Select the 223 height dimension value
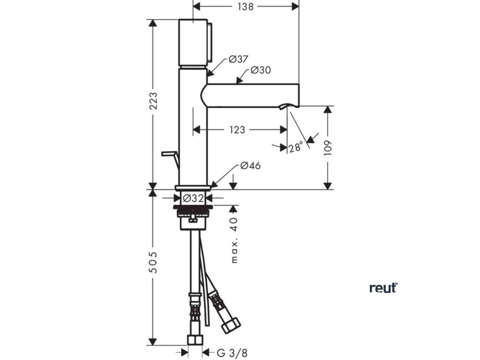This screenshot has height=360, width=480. click(x=153, y=101)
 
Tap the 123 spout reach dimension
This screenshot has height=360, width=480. click(x=238, y=130)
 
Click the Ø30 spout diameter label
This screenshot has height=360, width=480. click(x=261, y=70)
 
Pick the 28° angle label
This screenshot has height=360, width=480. click(x=296, y=148)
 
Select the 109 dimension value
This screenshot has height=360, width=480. click(x=328, y=148)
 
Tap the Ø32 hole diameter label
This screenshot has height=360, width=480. click(x=192, y=198)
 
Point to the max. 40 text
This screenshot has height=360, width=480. click(x=234, y=239)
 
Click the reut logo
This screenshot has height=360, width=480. click(x=383, y=287)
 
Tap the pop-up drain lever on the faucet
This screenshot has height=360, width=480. click(x=169, y=156)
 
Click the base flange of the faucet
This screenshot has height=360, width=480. click(x=193, y=188)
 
